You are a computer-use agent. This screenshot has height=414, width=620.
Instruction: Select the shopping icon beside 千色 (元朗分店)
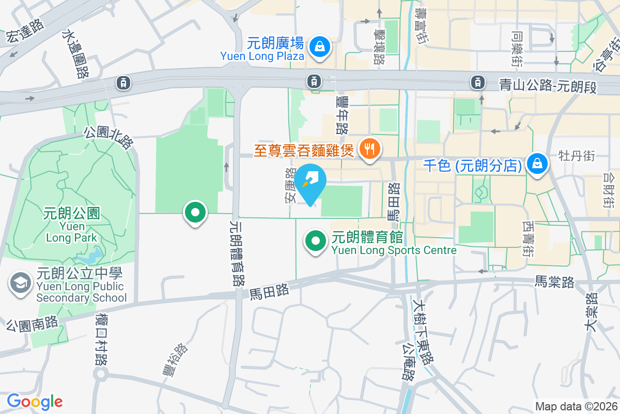tap(537, 164)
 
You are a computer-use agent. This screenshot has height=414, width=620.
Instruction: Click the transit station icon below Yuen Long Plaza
tap(313, 81)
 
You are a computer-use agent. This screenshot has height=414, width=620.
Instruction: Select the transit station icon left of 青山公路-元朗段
tap(478, 81)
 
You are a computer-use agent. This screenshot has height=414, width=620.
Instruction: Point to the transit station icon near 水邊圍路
tap(123, 82)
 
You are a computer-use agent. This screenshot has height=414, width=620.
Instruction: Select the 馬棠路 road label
tap(554, 282)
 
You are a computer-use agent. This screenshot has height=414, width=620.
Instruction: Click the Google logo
tap(35, 402)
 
